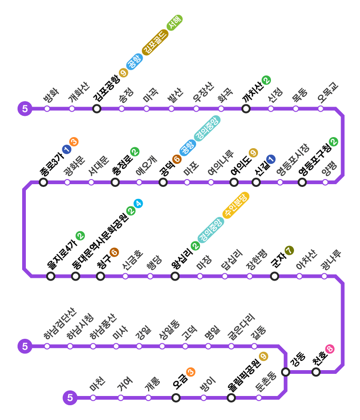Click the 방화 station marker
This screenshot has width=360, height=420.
(x=47, y=109)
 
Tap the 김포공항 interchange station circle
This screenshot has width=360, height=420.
(x=97, y=109)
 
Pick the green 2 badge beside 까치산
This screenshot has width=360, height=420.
(x=266, y=80)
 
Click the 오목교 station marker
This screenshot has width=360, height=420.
(x=320, y=109)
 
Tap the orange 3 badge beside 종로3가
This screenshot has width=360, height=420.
(x=74, y=142)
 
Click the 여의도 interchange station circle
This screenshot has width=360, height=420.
(x=234, y=182)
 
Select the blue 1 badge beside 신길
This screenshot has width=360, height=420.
(x=270, y=159)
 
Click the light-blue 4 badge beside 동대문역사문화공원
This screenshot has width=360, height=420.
(x=138, y=203)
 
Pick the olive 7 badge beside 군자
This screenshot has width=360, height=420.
(x=289, y=251)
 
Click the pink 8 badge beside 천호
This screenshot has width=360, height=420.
(x=330, y=349)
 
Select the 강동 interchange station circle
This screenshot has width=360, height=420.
(x=286, y=372)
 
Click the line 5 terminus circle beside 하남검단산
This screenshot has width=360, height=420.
(x=25, y=346)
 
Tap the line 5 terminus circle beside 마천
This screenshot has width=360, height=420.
(x=70, y=398)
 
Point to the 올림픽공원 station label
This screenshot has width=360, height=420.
(x=244, y=372)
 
